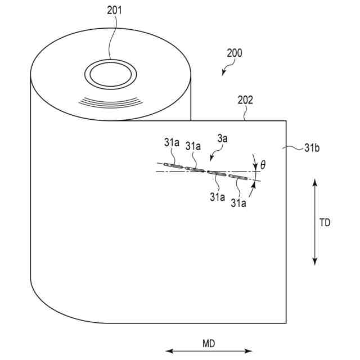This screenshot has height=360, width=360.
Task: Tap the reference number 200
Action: click(235, 53)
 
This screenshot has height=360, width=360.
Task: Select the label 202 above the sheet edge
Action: click(245, 101)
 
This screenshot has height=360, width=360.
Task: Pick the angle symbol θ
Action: click(263, 165)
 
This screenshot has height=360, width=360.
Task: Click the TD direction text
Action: click(325, 222)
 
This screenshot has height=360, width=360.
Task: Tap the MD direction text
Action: click(209, 343)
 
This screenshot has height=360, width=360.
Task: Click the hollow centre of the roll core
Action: click(110, 73)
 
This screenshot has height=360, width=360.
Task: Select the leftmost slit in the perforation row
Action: click(173, 165)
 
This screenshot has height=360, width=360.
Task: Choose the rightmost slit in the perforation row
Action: click(238, 177)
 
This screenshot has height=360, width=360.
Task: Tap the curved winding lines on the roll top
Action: click(110, 102)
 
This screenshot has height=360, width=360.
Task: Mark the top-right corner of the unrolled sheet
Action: click(287, 120)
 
